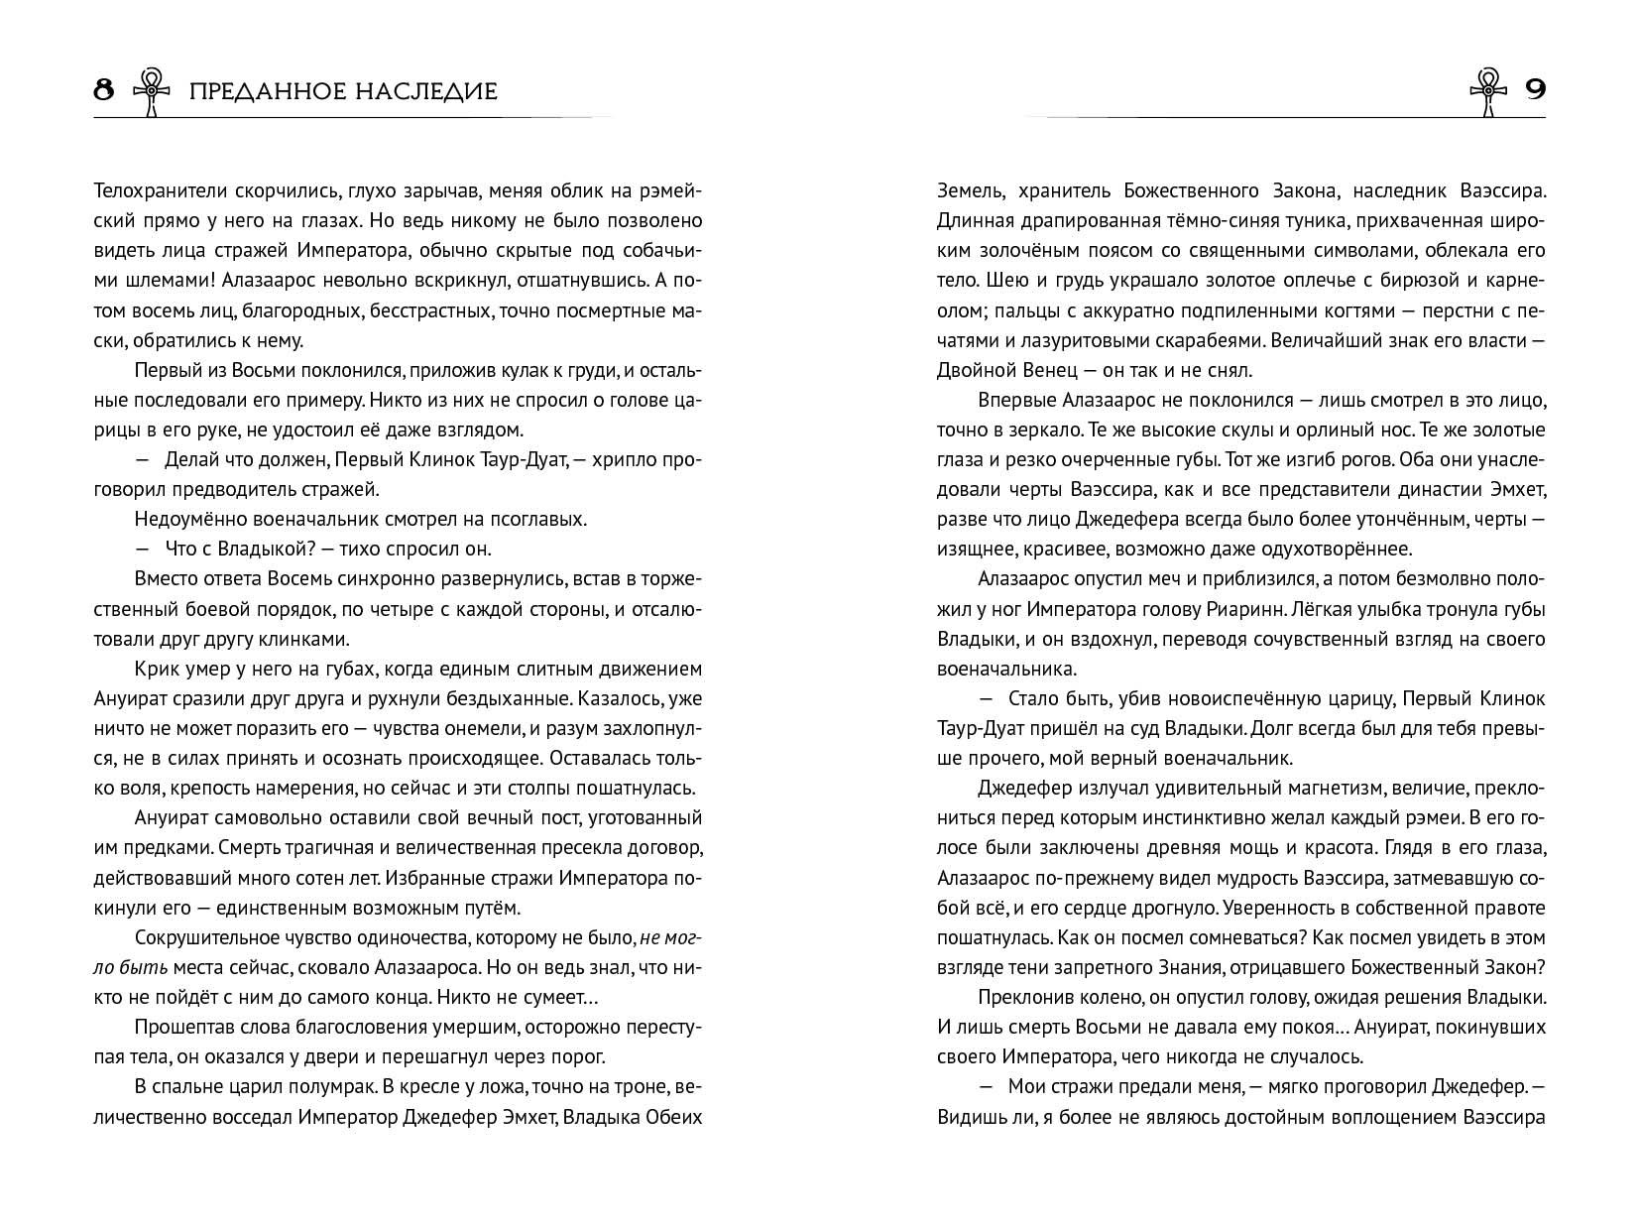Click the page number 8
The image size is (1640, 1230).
(x=104, y=91)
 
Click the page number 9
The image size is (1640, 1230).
(x=1534, y=91)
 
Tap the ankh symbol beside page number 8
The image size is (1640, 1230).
(x=152, y=91)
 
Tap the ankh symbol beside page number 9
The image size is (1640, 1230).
(x=1488, y=91)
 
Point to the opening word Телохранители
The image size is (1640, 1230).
(x=151, y=190)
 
